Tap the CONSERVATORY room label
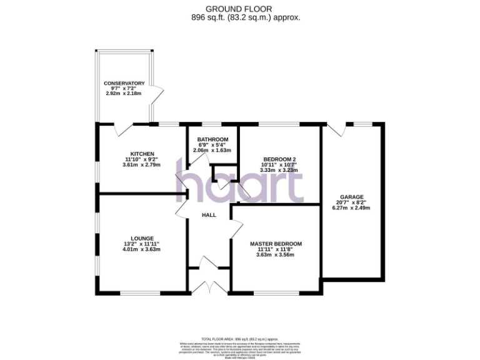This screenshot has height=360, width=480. [124, 83]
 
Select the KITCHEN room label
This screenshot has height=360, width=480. [142, 154]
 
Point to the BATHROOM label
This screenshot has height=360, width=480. [212, 139]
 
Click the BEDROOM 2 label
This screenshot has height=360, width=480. [279, 159]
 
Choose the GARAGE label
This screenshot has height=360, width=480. [352, 197]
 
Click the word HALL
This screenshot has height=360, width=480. [209, 215]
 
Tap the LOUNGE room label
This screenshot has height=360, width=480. [142, 238]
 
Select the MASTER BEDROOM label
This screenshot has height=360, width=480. [276, 244]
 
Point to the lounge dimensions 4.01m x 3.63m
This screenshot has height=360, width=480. [142, 249]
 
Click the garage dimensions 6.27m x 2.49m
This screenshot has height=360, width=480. [351, 208]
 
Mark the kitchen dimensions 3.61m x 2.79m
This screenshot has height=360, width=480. [142, 165]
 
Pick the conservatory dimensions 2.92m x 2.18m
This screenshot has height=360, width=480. [124, 94]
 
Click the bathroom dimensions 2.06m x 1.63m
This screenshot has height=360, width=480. [212, 151]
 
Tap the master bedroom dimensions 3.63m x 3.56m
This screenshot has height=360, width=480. [276, 255]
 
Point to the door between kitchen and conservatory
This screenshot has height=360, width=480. [124, 129]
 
